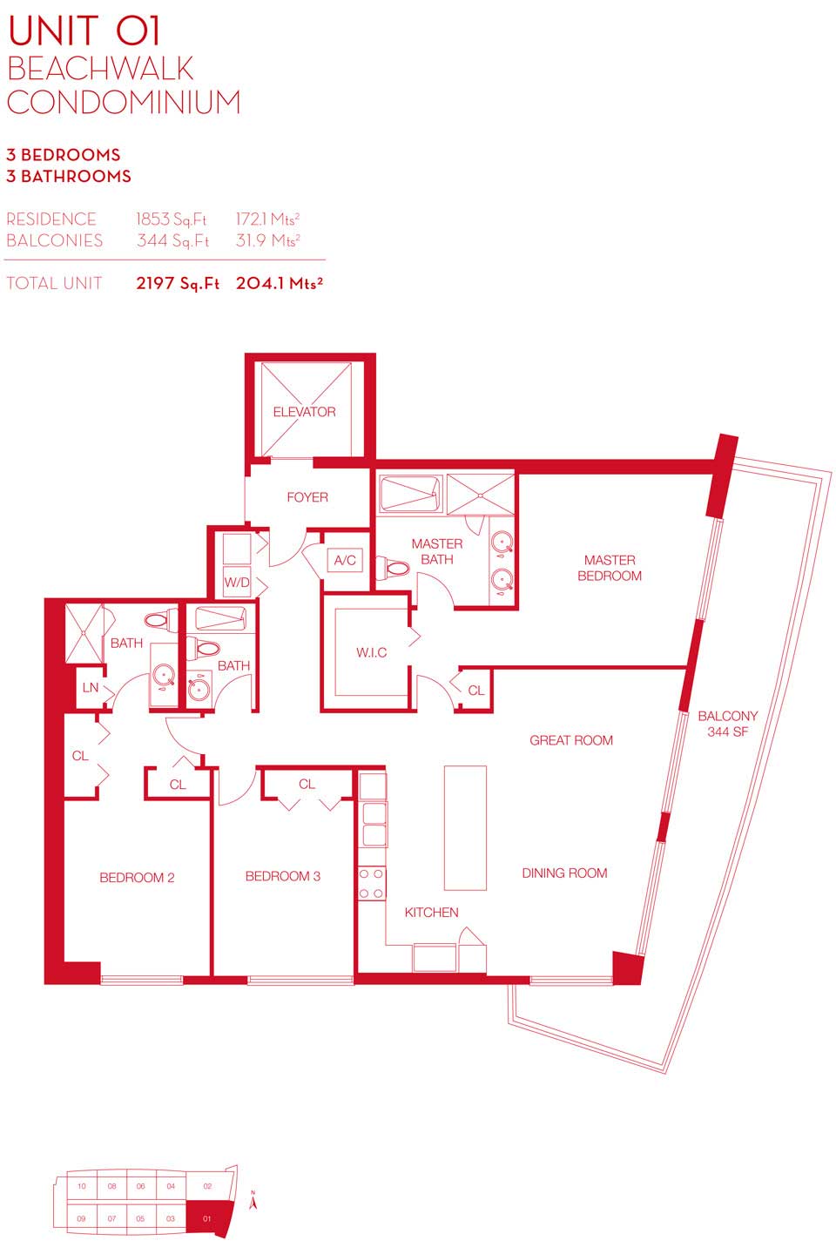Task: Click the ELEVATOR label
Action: [x=304, y=412]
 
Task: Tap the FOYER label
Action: [x=307, y=497]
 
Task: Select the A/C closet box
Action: [x=345, y=560]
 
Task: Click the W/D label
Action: [x=237, y=583]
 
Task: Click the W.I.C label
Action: [x=371, y=652]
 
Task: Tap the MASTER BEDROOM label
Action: [x=610, y=568]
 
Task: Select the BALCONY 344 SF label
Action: [x=727, y=724]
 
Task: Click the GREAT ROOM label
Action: [x=571, y=740]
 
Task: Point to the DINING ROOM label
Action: [x=564, y=873]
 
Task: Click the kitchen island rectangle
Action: [x=465, y=827]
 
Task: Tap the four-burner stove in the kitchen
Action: [x=372, y=883]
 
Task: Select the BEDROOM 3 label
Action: [x=283, y=876]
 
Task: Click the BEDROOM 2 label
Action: [x=138, y=877]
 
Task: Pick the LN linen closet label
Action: [x=91, y=687]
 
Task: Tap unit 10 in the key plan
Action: [x=83, y=1186]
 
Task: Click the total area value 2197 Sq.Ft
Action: [x=178, y=283]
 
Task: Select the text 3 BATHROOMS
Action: [x=68, y=176]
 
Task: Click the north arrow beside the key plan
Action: [x=253, y=1202]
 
